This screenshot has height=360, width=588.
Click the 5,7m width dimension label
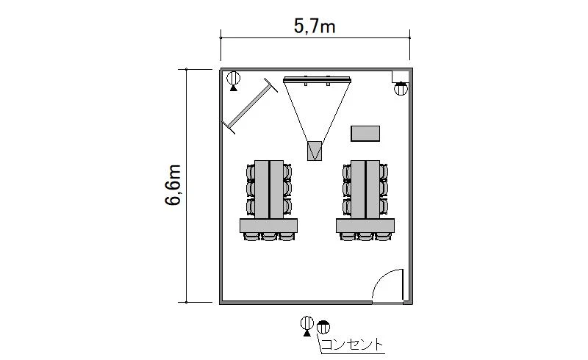tap(315, 26)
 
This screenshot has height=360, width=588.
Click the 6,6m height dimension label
tap(173, 185)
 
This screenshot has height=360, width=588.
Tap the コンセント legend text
tap(353, 345)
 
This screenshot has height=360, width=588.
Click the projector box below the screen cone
tap(315, 151)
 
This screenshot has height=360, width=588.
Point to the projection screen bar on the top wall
tap(318, 79)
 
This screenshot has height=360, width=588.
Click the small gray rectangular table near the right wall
tap(365, 134)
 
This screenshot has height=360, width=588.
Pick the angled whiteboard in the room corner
tap(250, 106)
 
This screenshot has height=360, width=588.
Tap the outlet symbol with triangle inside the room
tap(233, 81)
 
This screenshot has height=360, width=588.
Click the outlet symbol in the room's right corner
tap(401, 89)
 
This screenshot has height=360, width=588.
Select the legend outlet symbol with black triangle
tap(306, 326)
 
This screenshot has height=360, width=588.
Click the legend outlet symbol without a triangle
tap(323, 327)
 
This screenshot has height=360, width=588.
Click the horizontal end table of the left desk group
tap(268, 226)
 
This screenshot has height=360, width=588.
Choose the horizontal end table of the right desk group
tap(365, 226)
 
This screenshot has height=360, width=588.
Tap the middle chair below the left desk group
tap(269, 237)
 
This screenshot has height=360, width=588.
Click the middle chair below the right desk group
tap(365, 237)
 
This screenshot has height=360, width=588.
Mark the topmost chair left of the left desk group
tap(251, 172)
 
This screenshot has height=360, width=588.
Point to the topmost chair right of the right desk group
tap(384, 172)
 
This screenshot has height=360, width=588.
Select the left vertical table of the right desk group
tap(358, 190)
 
